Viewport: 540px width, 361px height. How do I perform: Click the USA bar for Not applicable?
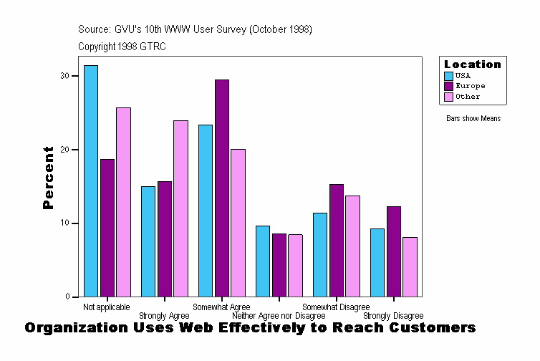coord(91,180)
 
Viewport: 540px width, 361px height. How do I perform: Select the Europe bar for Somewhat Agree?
coord(222,188)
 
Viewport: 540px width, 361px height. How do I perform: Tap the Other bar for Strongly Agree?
coord(180,208)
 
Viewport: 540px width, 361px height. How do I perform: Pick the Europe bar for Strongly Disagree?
coord(394,251)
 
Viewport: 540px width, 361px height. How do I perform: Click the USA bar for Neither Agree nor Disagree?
coord(263,261)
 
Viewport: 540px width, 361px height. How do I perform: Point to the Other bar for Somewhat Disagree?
coord(352,246)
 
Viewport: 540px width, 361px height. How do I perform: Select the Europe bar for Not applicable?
coord(107,228)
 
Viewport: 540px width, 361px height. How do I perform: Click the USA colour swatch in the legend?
coord(449,75)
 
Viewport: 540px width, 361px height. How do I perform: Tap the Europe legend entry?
coord(470,86)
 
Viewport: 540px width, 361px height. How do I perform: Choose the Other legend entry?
coord(468,97)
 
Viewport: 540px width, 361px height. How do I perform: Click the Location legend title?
coord(473,64)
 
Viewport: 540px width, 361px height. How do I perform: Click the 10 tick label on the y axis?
coord(64,223)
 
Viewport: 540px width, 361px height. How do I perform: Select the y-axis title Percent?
coord(48,178)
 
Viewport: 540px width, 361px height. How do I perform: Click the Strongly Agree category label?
coord(164,316)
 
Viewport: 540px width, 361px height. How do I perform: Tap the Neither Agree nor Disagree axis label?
coord(279,316)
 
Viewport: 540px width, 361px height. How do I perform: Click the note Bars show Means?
coord(473,119)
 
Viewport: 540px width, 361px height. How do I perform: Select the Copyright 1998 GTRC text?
coord(122,47)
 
